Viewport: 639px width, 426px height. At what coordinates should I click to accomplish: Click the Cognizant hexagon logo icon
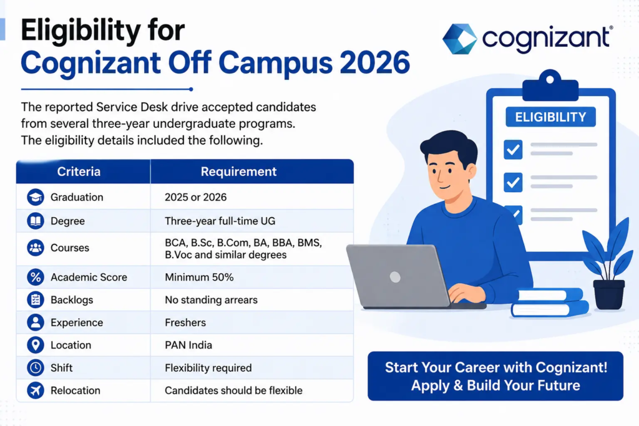[460, 39]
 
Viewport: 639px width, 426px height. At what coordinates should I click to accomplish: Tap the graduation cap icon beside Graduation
[36, 197]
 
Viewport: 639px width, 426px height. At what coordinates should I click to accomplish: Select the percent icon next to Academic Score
[36, 277]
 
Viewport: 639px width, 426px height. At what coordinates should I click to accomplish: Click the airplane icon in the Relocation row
[36, 390]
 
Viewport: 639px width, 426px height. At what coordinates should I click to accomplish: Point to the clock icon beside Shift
[36, 367]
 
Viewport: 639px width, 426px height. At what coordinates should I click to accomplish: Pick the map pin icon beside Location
[36, 344]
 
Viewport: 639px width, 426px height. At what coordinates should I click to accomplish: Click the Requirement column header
[239, 172]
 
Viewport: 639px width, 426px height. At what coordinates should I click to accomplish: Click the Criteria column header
[79, 172]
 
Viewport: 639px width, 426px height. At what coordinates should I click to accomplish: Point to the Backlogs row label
[72, 300]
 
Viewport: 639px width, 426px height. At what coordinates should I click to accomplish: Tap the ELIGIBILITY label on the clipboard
[550, 117]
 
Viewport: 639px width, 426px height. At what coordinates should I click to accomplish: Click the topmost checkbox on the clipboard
[513, 149]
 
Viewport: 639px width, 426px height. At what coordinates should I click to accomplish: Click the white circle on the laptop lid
[395, 277]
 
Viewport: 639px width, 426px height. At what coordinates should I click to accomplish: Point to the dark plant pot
[609, 294]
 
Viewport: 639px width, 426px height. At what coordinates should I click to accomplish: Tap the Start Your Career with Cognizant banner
[495, 376]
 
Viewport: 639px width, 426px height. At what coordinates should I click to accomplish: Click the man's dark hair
[448, 145]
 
